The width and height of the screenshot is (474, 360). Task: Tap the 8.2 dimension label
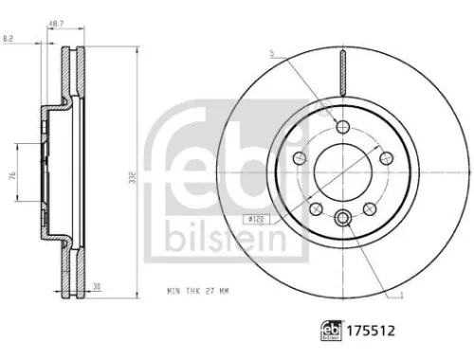pos(8,39)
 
